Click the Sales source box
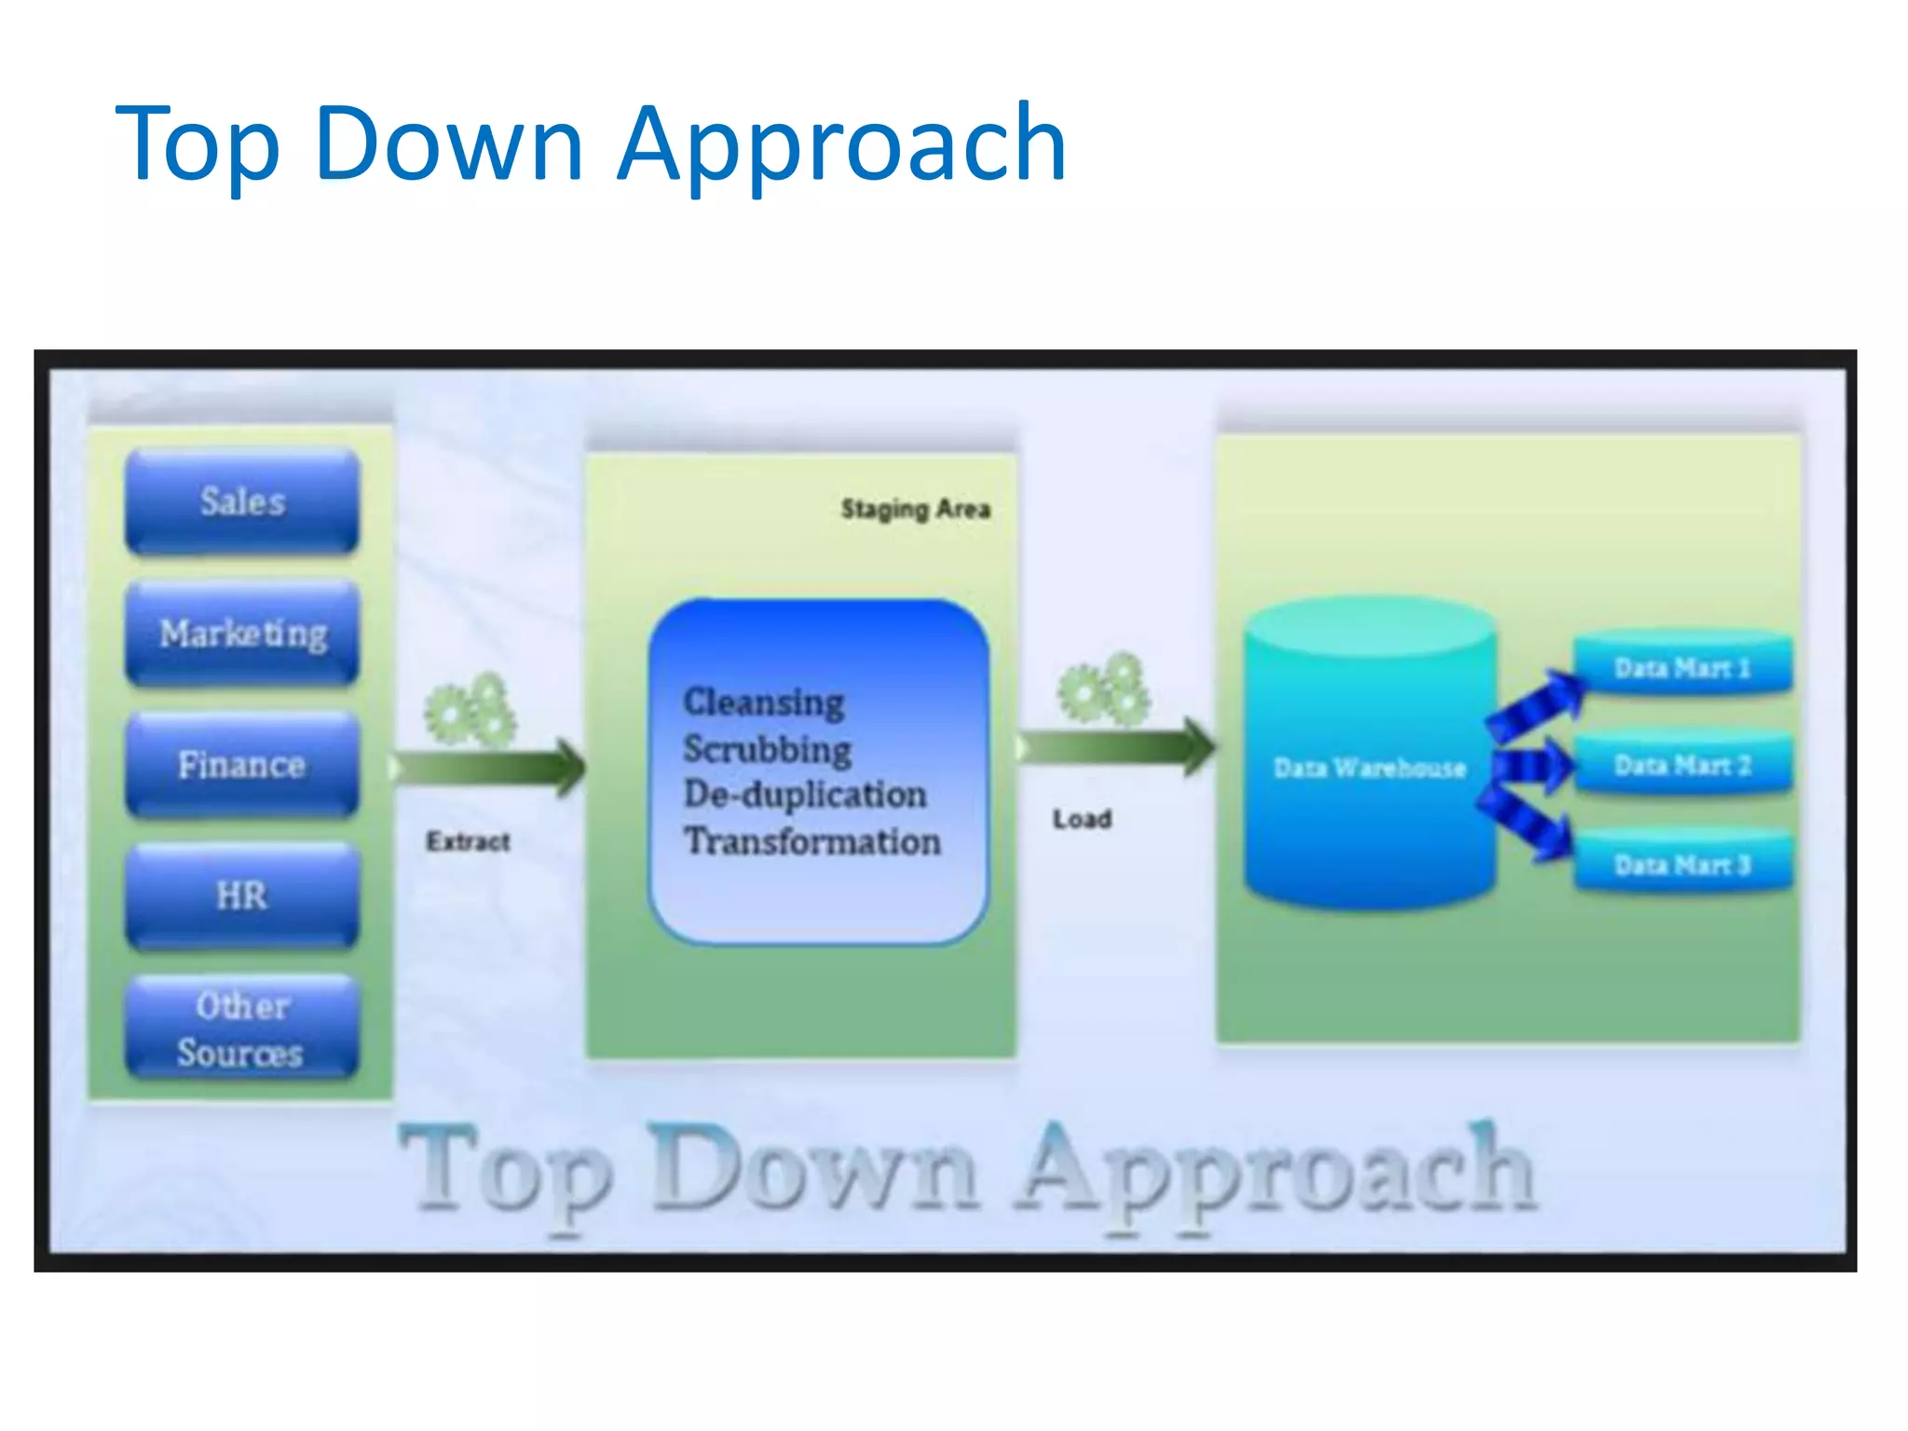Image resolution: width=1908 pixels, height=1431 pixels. tap(242, 502)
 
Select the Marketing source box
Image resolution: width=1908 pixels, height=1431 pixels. tap(242, 634)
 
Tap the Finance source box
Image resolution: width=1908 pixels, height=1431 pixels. tap(242, 765)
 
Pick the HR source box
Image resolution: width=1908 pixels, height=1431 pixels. tap(242, 895)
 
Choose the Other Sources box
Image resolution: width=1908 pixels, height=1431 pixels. tap(242, 1029)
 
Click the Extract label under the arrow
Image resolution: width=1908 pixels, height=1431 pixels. tap(468, 841)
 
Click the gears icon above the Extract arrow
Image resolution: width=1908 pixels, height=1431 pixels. tap(470, 711)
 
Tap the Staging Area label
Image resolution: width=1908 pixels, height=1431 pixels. tap(915, 509)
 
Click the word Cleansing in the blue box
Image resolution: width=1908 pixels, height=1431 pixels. tap(764, 702)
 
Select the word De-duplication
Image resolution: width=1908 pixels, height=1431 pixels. tap(805, 794)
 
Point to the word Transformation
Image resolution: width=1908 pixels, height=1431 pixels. tap(812, 841)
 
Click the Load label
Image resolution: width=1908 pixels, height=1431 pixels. tap(1082, 819)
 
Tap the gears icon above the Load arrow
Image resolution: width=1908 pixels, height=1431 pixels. tap(1104, 690)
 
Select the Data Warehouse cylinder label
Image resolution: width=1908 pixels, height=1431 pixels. tap(1370, 768)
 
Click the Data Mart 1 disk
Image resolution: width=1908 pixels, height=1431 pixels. tap(1683, 667)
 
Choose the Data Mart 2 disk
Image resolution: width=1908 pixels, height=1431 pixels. tap(1683, 765)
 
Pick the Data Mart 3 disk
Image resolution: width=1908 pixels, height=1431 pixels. tap(1683, 865)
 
